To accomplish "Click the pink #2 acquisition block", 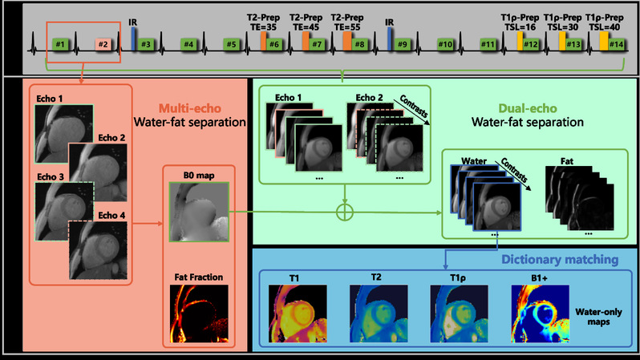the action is pyautogui.click(x=103, y=44).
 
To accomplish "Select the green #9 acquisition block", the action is pyautogui.click(x=403, y=44).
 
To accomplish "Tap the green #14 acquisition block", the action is pyautogui.click(x=616, y=44).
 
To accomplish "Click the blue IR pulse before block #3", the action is pyautogui.click(x=133, y=39).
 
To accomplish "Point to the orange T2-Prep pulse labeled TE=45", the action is pyautogui.click(x=306, y=41).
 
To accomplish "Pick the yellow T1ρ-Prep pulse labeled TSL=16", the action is pyautogui.click(x=520, y=41).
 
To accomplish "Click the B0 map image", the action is pyautogui.click(x=199, y=212).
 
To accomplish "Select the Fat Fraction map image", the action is pyautogui.click(x=199, y=313).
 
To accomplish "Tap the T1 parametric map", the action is pyautogui.click(x=298, y=313).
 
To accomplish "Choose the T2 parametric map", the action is pyautogui.click(x=379, y=313).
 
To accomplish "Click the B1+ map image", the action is pyautogui.click(x=540, y=313).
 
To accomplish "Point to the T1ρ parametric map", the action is pyautogui.click(x=459, y=313).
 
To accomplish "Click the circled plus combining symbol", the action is pyautogui.click(x=345, y=212).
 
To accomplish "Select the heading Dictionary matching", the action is pyautogui.click(x=560, y=260).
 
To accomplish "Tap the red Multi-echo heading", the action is pyautogui.click(x=190, y=108).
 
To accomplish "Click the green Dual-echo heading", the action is pyautogui.click(x=528, y=108).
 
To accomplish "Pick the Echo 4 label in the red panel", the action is pyautogui.click(x=111, y=215).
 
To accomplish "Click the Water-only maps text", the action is pyautogui.click(x=598, y=317).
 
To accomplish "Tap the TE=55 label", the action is pyautogui.click(x=347, y=27).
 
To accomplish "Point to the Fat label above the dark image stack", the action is pyautogui.click(x=566, y=161).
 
